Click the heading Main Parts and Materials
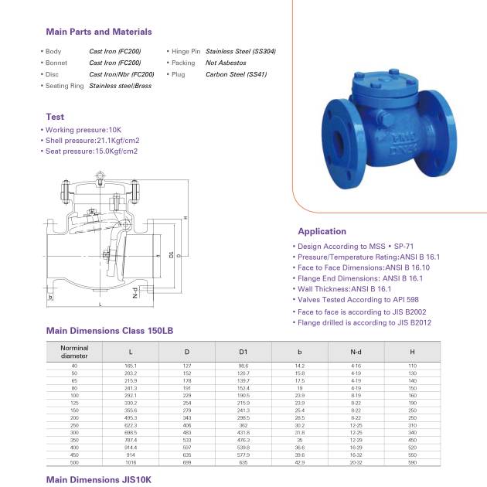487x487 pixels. point(99,32)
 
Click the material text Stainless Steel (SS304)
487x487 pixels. point(240,51)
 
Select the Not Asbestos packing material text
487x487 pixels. point(226,63)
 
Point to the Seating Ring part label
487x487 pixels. point(64,86)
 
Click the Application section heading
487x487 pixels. point(322,231)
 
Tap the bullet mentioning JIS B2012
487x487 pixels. point(364,322)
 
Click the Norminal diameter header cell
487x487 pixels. point(74,352)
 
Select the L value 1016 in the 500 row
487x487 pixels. point(131,461)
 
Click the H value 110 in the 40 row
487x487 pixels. point(412,365)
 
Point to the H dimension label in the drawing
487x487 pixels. point(186,218)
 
